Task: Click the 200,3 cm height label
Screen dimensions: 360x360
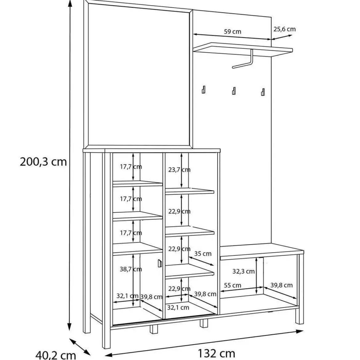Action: click(x=43, y=162)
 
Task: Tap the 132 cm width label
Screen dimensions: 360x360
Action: click(x=216, y=353)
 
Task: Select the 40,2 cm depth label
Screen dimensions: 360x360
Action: click(x=56, y=355)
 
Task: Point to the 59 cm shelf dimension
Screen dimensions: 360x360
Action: click(x=233, y=31)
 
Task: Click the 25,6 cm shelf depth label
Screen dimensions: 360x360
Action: click(x=285, y=29)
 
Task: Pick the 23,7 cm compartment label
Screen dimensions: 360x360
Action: click(x=179, y=170)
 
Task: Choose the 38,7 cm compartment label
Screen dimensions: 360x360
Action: click(x=131, y=269)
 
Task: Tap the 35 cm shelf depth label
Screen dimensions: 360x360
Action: click(x=203, y=254)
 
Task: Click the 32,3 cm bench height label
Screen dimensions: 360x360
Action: click(x=243, y=271)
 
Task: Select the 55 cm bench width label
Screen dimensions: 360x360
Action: click(x=233, y=285)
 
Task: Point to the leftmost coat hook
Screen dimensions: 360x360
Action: click(x=203, y=90)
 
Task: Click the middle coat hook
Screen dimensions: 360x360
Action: click(x=234, y=91)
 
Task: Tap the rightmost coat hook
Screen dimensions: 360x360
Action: click(x=263, y=92)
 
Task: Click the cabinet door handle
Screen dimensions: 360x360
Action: click(x=160, y=263)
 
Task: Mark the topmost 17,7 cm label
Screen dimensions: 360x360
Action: click(x=131, y=167)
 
